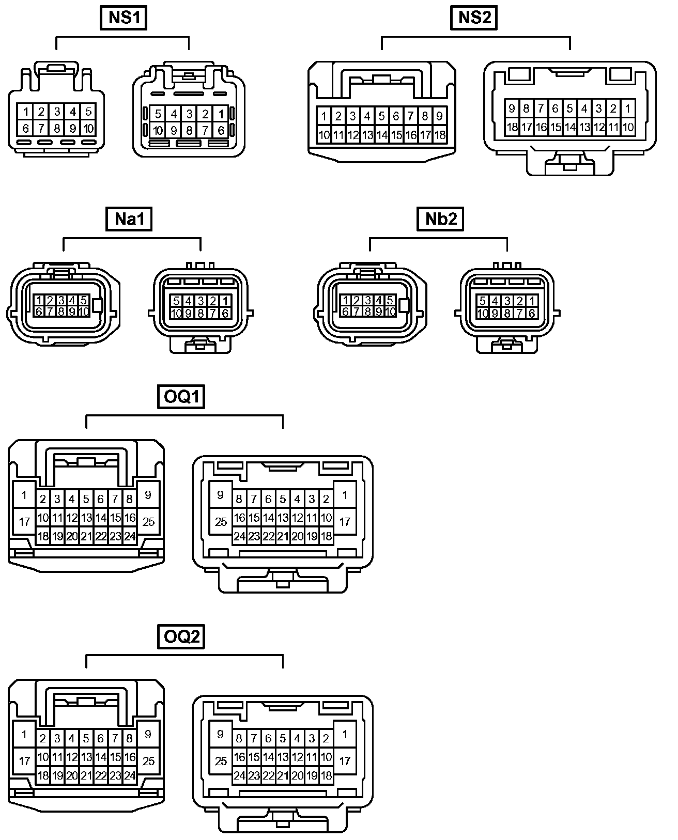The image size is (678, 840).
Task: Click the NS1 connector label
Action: click(x=123, y=18)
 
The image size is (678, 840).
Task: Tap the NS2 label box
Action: click(x=475, y=18)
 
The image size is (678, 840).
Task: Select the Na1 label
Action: click(x=129, y=219)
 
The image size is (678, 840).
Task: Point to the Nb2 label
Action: click(x=441, y=219)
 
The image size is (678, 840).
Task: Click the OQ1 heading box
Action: click(x=181, y=397)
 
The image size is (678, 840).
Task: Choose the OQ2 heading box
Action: click(x=181, y=636)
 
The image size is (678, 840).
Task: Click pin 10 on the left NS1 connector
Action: click(x=88, y=129)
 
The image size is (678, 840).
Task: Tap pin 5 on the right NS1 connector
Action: click(x=158, y=114)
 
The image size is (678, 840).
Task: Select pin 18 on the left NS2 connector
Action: click(x=440, y=135)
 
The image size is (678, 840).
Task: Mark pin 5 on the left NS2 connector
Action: click(x=382, y=116)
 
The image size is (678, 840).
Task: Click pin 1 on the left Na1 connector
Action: click(x=39, y=300)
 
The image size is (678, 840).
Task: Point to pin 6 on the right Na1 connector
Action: click(x=225, y=313)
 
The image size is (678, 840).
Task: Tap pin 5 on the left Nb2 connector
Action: click(x=390, y=300)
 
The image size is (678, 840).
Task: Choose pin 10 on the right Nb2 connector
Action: click(x=483, y=313)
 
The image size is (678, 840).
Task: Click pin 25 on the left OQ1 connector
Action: click(x=149, y=522)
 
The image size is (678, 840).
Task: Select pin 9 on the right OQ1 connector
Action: click(x=221, y=495)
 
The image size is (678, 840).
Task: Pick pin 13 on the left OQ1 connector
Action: click(x=86, y=518)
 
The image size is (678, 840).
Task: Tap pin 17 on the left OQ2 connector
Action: click(x=24, y=760)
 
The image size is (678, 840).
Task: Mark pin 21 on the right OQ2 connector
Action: click(x=283, y=775)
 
